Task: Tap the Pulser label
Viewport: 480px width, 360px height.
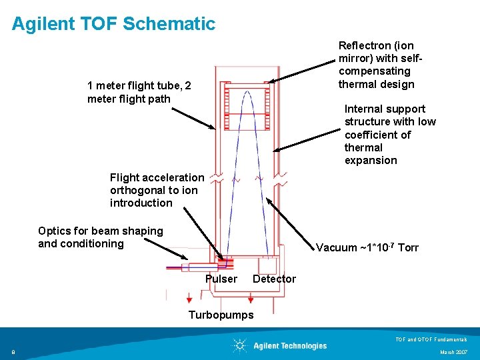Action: click(221, 279)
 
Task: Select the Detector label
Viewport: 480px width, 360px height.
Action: click(274, 279)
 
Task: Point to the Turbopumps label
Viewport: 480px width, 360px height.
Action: click(221, 315)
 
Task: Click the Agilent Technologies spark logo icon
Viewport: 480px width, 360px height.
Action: click(239, 345)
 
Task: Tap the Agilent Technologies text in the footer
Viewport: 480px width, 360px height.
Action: click(290, 345)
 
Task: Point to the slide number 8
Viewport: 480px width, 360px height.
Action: click(13, 351)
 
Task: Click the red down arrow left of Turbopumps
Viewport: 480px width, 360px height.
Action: click(178, 299)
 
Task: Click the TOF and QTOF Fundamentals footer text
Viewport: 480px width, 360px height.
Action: click(432, 339)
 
